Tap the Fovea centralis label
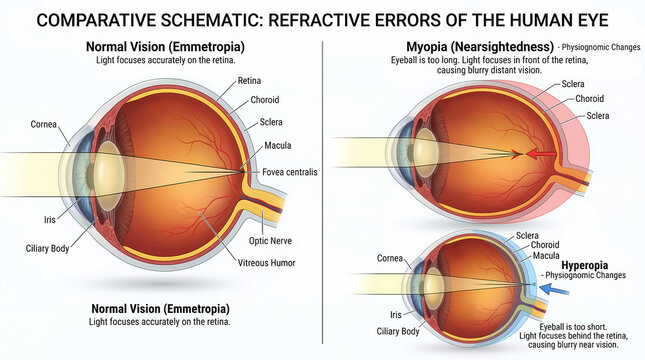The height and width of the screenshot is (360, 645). click(x=289, y=173)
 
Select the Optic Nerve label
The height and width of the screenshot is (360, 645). click(x=270, y=241)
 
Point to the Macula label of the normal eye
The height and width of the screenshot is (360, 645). click(x=278, y=146)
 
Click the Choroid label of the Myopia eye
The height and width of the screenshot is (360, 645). click(x=589, y=99)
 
